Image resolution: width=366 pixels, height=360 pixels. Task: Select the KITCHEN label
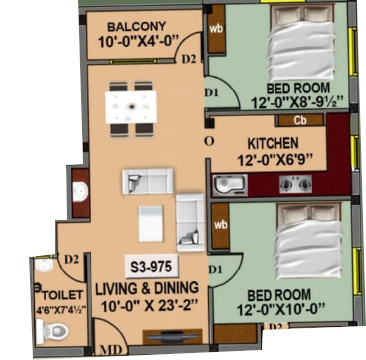pyautogui.click(x=272, y=141)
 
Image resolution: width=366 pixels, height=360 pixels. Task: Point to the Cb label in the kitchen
pyautogui.click(x=299, y=121)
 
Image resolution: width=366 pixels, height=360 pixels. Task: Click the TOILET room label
pyautogui.click(x=56, y=295)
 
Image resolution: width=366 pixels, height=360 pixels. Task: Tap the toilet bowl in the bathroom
pyautogui.click(x=46, y=332)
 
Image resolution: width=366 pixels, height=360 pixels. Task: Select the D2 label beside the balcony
pyautogui.click(x=189, y=59)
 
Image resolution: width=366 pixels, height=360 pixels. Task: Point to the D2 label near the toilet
pyautogui.click(x=70, y=261)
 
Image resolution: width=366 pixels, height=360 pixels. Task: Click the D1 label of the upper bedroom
pyautogui.click(x=211, y=93)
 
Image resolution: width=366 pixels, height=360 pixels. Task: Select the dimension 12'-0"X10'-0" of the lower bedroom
pyautogui.click(x=282, y=310)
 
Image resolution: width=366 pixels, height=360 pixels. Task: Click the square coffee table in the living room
pyautogui.click(x=150, y=220)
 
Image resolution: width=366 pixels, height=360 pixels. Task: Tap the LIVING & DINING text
pyautogui.click(x=146, y=289)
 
